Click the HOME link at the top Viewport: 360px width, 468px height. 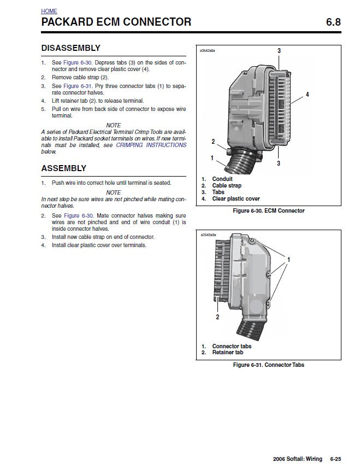[49, 11]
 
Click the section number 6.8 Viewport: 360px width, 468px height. [333, 22]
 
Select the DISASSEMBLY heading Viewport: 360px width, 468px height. [70, 48]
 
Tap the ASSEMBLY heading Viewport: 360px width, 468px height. [63, 168]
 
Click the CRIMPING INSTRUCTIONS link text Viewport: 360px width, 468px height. [151, 145]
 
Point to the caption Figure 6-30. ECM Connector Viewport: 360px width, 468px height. [268, 210]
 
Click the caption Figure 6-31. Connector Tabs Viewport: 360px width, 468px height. [268, 365]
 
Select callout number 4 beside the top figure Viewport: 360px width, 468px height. [308, 95]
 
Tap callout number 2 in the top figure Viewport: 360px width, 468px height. [213, 142]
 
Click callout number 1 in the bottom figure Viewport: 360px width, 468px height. [288, 258]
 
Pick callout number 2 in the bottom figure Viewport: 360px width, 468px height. [217, 317]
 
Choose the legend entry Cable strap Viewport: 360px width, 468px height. [226, 186]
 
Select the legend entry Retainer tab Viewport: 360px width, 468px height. [227, 353]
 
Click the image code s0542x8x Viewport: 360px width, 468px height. [209, 50]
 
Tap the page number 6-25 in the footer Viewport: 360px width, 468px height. [335, 458]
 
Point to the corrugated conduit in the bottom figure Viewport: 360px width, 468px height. [252, 328]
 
